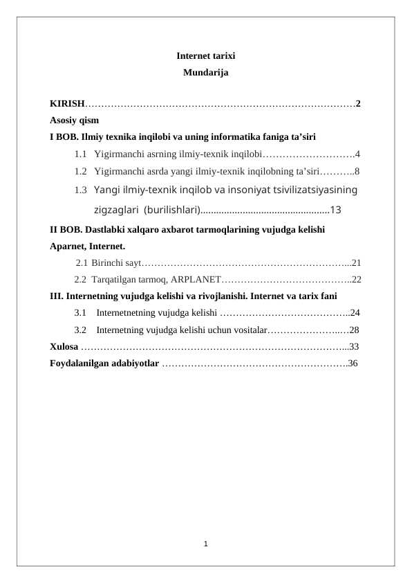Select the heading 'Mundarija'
coord(205,71)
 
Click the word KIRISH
coord(66,104)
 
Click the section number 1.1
coord(81,154)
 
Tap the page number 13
coord(337,209)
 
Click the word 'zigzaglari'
coord(114,209)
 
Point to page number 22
coord(356,280)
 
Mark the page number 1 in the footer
coord(206,543)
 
